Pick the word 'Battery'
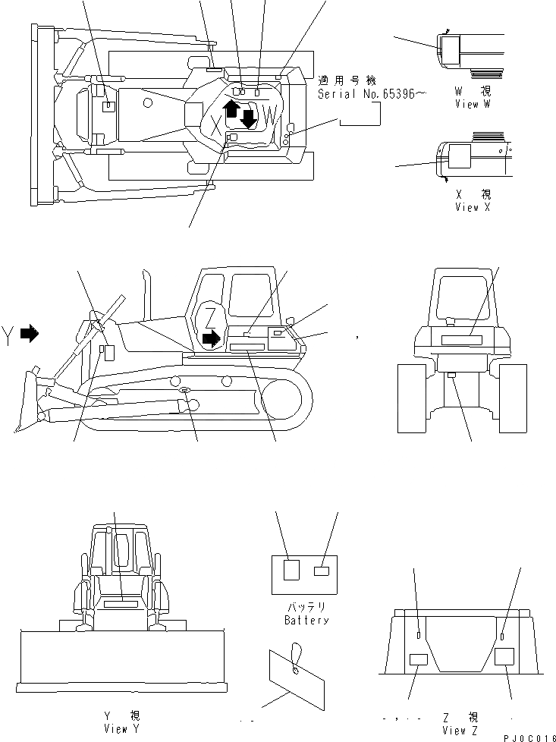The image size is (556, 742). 306,620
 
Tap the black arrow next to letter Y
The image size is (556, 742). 29,333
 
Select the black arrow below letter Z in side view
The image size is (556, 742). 214,336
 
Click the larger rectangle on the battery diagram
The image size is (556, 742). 291,570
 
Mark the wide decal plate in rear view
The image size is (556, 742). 461,341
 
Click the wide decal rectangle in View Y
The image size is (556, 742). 121,604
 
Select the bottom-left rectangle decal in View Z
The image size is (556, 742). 419,659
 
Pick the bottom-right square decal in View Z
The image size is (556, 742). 504,656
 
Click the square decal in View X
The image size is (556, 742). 460,157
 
